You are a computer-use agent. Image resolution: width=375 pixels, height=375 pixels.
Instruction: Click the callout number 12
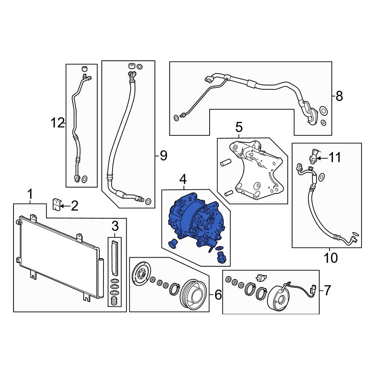(x=57, y=123)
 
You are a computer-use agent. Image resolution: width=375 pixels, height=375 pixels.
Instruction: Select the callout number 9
(x=163, y=156)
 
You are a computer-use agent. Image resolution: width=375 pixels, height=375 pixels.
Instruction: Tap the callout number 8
(x=339, y=96)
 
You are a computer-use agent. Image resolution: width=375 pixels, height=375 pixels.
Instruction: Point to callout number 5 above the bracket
(x=239, y=127)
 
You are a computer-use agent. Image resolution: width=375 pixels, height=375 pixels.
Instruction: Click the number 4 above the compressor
(x=183, y=179)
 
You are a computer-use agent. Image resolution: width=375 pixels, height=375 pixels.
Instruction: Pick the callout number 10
(x=330, y=258)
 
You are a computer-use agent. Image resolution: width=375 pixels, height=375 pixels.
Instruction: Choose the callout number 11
(x=334, y=157)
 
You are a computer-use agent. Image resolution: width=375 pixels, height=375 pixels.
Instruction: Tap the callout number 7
(x=327, y=290)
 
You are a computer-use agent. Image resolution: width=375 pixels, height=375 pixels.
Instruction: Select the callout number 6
(x=218, y=295)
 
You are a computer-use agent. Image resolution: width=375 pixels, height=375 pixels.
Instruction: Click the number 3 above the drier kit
(x=115, y=226)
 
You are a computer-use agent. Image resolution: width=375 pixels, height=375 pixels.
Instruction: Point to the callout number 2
(x=75, y=205)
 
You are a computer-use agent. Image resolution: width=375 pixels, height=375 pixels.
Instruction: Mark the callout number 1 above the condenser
(x=30, y=194)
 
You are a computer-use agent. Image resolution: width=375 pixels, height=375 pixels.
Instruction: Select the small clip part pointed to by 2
(x=56, y=204)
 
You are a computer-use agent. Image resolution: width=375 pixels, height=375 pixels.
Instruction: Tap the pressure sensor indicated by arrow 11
(x=313, y=156)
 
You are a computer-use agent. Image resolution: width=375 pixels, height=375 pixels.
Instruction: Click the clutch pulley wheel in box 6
(x=193, y=294)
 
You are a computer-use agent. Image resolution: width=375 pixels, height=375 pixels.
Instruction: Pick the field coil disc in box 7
(x=278, y=299)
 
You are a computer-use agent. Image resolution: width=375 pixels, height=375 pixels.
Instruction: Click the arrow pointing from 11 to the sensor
(x=322, y=158)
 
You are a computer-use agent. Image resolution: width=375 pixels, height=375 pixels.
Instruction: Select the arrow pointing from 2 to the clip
(x=65, y=206)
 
